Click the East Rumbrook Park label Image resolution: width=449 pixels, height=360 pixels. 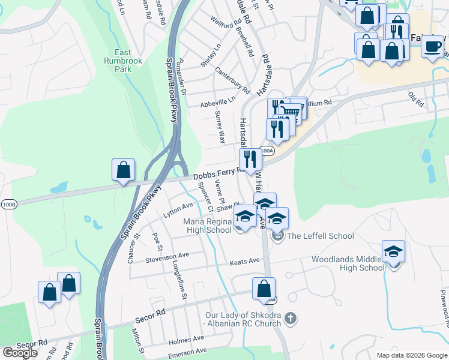(123, 61)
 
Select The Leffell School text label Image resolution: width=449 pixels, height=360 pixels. (321, 236)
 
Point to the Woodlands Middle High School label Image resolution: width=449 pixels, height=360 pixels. (348, 263)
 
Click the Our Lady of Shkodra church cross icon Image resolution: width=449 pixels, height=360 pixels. (290, 319)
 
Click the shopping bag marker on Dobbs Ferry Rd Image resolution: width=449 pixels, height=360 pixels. (123, 170)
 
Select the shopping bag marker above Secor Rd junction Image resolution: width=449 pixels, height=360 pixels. (264, 289)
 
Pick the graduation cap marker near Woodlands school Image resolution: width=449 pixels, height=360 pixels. (393, 252)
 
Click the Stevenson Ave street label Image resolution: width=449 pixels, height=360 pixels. (167, 257)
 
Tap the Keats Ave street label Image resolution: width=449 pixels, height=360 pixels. (245, 261)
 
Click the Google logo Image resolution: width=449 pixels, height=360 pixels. (20, 352)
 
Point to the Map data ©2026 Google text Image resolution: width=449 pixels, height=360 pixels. (411, 355)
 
